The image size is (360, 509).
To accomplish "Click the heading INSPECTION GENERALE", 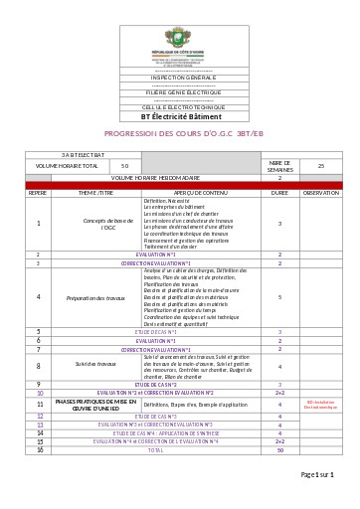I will [180, 76].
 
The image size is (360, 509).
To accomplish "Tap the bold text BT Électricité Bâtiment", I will [180, 114].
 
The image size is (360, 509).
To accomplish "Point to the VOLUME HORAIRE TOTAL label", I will [67, 166].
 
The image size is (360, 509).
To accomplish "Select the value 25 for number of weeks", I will [320, 166].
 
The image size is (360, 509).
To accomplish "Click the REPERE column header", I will [38, 192].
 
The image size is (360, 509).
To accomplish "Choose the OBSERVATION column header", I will [320, 192].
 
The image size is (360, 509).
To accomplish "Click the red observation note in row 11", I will [320, 406].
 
